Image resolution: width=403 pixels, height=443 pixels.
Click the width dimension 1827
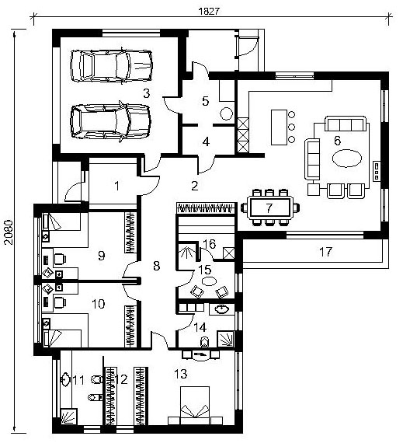coord(209,11)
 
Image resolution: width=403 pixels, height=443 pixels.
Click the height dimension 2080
coord(9,232)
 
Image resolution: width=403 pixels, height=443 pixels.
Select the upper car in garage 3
coord(112,66)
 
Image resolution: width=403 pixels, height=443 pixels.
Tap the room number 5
coord(206,101)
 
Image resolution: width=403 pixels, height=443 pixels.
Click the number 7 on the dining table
coord(269,208)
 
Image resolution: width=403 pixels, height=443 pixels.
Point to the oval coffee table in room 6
coord(347,159)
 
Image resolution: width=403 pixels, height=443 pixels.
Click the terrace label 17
coord(325,251)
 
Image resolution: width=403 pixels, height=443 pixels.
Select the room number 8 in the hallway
coord(156,266)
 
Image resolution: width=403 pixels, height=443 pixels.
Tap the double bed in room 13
coord(195,405)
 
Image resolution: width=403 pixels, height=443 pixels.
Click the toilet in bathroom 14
coord(204,343)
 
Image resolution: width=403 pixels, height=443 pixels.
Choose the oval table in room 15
coord(209,281)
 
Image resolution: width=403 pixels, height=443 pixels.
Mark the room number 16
coord(209,244)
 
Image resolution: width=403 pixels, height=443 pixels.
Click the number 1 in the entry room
coord(116,186)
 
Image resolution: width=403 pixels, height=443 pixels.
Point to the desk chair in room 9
coord(60,259)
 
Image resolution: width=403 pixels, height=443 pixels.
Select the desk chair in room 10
coord(60,302)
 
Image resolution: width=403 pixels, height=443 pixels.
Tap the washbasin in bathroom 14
coord(222,309)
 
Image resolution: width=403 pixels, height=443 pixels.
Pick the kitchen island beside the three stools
coord(279,127)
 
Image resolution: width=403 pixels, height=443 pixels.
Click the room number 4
coord(206,141)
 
